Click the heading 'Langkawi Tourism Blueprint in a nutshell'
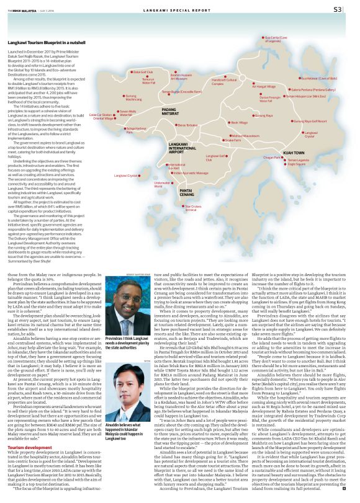(47, 42)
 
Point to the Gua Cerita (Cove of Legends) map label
(276, 39)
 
